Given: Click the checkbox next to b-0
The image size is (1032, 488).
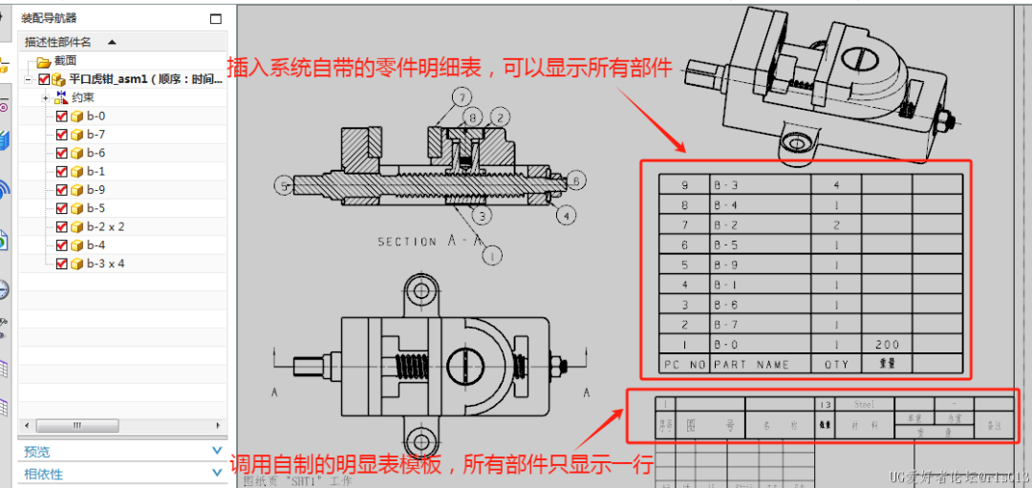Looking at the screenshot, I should tap(62, 116).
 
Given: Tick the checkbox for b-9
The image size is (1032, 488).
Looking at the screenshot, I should tap(62, 190).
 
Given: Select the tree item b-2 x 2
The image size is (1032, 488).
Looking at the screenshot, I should tap(105, 227).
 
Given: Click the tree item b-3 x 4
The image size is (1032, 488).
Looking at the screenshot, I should tap(105, 264).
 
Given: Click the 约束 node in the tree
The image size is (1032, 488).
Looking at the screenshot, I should tap(82, 97).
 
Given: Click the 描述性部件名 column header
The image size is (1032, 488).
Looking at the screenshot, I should tap(59, 42).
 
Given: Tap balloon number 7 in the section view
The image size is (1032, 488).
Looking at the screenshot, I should tap(462, 97).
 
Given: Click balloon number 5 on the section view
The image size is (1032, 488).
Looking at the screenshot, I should tap(284, 184).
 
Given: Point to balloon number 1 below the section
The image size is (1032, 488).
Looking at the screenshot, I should tap(493, 255).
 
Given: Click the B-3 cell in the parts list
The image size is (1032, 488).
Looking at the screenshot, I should tap(726, 184).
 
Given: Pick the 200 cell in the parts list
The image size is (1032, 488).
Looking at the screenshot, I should tap(886, 345).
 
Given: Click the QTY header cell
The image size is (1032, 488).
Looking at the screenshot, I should tap(835, 364).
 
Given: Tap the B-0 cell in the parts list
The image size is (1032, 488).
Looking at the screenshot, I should tap(726, 345).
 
